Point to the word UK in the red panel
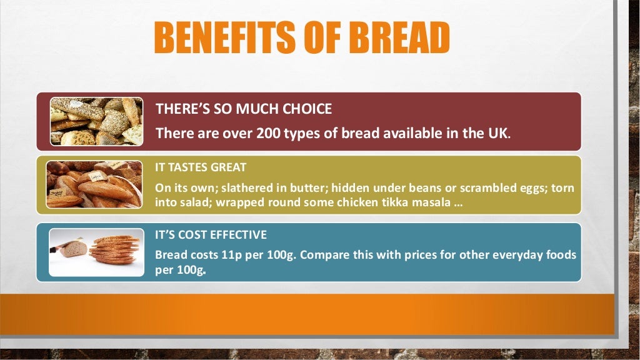click(x=499, y=133)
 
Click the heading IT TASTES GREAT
click(x=201, y=167)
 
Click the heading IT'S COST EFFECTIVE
click(x=211, y=235)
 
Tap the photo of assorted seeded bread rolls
click(x=96, y=121)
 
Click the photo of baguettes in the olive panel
click(x=94, y=184)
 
